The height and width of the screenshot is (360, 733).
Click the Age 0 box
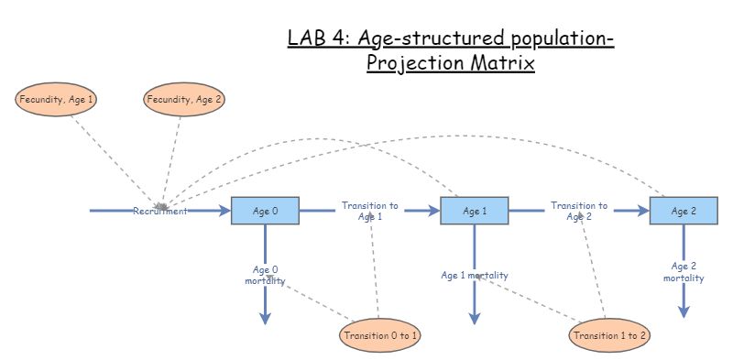pyautogui.click(x=265, y=211)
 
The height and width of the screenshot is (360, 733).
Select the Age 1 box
pyautogui.click(x=474, y=211)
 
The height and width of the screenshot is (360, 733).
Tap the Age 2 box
pyautogui.click(x=684, y=211)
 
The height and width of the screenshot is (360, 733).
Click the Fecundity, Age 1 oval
pyautogui.click(x=57, y=99)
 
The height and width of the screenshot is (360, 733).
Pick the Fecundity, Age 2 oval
pyautogui.click(x=184, y=99)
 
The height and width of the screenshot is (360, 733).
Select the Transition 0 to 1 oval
pyautogui.click(x=381, y=335)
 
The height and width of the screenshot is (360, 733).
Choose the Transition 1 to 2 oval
pyautogui.click(x=610, y=335)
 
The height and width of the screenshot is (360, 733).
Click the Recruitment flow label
pyautogui.click(x=160, y=211)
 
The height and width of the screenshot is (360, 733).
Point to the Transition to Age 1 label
pyautogui.click(x=370, y=211)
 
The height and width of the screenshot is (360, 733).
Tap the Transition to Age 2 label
pyautogui.click(x=579, y=211)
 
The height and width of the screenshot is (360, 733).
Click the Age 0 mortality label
pyautogui.click(x=266, y=275)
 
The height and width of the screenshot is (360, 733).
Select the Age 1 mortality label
pyautogui.click(x=475, y=275)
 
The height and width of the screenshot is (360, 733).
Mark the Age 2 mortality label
pyautogui.click(x=684, y=272)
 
